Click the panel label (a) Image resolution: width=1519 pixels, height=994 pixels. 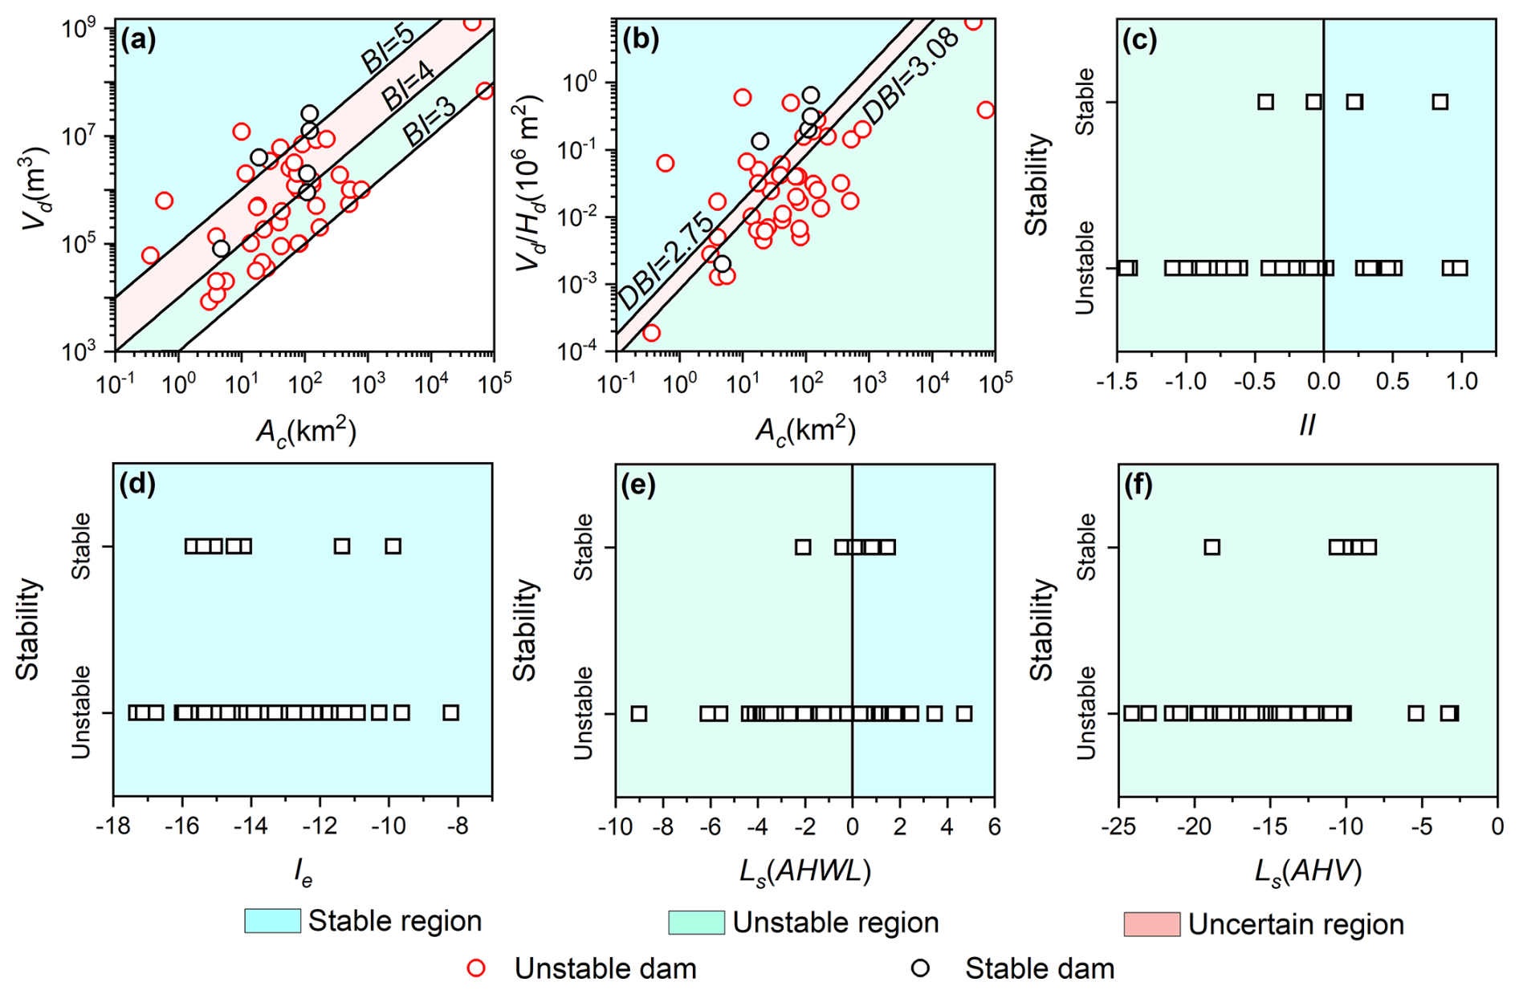pos(138,39)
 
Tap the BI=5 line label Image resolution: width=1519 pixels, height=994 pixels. pos(386,50)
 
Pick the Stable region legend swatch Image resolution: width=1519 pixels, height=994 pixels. pos(272,921)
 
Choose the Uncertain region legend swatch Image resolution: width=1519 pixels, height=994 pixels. pos(1151,924)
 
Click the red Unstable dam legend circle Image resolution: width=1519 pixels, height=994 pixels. pos(476,968)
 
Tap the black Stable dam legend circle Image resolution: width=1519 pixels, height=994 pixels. pos(920,968)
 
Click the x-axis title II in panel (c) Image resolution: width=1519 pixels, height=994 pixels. pos(1306,426)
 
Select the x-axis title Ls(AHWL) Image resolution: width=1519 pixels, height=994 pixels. pos(804,870)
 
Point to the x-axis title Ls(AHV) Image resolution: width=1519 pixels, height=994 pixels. pos(1308,870)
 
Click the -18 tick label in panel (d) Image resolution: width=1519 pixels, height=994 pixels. pos(113,827)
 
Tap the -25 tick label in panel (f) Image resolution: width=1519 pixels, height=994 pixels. pos(1118,827)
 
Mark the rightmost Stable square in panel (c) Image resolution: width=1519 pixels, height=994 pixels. pos(1440,102)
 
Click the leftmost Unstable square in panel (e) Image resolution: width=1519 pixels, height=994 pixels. pos(638,713)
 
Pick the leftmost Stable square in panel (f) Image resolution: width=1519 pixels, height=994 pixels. pos(1212,547)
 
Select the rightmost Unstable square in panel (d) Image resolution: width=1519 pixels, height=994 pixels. pos(451,712)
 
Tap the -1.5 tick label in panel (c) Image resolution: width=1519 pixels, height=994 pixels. pos(1117,382)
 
